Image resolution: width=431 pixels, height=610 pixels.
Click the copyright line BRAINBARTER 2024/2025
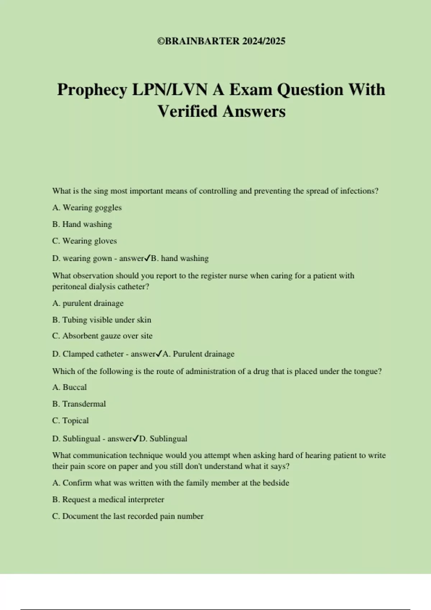(x=221, y=41)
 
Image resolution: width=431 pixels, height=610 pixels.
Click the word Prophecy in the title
(x=92, y=90)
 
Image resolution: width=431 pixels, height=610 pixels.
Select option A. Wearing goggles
(x=87, y=208)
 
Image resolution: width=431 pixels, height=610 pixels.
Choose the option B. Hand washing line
(x=82, y=224)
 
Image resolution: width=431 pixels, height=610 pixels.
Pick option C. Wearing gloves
(x=84, y=241)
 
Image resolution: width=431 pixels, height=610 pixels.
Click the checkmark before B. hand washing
(x=147, y=258)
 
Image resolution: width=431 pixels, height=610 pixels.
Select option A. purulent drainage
(x=88, y=303)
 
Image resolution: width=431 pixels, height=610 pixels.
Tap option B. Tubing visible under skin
(x=102, y=320)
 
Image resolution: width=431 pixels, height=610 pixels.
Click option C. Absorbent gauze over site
(x=102, y=336)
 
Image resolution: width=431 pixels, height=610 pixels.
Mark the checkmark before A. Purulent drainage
(x=159, y=354)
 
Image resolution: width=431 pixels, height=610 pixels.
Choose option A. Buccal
(x=69, y=387)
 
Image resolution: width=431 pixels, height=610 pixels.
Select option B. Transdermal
(x=79, y=404)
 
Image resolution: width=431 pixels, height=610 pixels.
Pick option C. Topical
(x=70, y=421)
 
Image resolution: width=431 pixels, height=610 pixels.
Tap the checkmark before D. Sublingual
(x=135, y=438)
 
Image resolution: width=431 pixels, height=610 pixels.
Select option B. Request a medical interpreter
(x=108, y=499)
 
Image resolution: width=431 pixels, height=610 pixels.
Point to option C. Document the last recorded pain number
(x=128, y=516)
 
